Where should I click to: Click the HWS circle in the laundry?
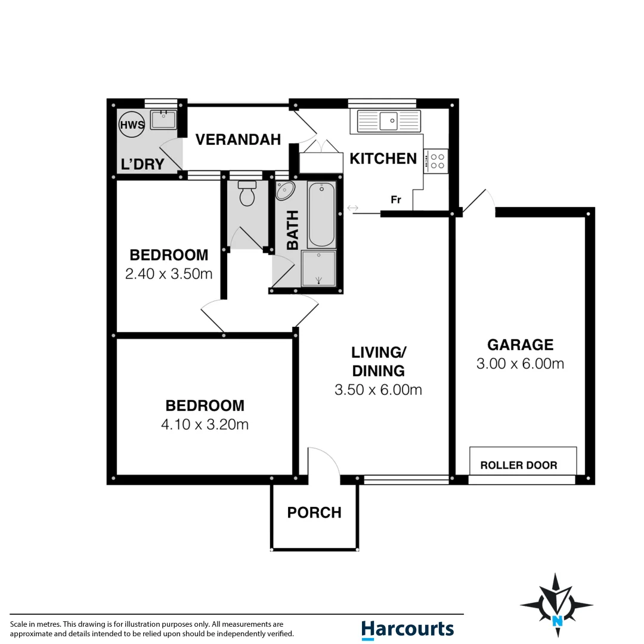click(132, 125)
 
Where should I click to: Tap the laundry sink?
click(163, 120)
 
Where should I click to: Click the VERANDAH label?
click(238, 140)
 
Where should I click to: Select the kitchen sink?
click(389, 121)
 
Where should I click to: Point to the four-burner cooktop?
click(436, 161)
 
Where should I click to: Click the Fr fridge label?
click(395, 200)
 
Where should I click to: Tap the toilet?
click(247, 194)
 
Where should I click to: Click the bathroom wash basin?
click(284, 191)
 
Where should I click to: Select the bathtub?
click(321, 215)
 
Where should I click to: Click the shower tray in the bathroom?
click(318, 268)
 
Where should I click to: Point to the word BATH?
click(293, 230)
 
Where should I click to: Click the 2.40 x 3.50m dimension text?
click(169, 274)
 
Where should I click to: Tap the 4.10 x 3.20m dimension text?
click(205, 425)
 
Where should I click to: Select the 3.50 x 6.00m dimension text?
click(378, 390)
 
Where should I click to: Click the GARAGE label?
click(520, 345)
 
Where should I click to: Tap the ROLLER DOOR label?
click(519, 465)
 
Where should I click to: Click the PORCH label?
click(314, 513)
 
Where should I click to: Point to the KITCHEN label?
click(383, 159)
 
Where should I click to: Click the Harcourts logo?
click(407, 629)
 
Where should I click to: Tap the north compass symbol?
click(556, 605)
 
